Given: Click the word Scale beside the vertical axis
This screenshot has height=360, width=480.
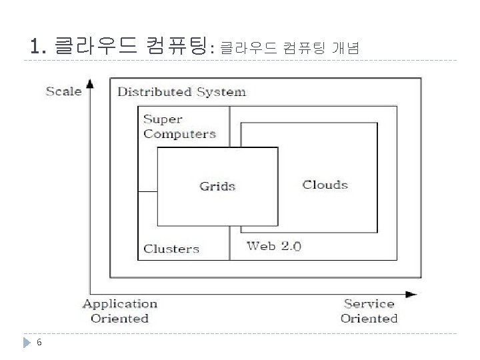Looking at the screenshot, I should (x=63, y=91).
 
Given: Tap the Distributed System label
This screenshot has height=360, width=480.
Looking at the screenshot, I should (x=181, y=92).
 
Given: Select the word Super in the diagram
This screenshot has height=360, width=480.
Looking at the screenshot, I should (x=163, y=120).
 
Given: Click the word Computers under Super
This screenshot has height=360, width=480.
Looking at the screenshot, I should (x=179, y=134).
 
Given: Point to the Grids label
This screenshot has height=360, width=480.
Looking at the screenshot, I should (x=217, y=186).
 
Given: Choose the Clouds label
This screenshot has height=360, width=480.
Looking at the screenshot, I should (x=325, y=185).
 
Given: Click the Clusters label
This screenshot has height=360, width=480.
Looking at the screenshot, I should (x=171, y=249).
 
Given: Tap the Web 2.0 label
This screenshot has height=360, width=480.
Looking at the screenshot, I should (x=273, y=246).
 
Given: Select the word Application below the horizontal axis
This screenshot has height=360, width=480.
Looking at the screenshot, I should (x=120, y=304).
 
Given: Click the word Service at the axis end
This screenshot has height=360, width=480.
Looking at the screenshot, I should (x=369, y=304).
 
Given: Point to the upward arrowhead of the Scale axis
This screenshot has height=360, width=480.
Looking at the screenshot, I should (x=91, y=83).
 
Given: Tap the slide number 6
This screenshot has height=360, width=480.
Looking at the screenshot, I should (x=40, y=343).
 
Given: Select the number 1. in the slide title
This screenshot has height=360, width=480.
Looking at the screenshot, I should (x=38, y=47).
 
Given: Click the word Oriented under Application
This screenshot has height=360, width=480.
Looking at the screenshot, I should (x=120, y=318).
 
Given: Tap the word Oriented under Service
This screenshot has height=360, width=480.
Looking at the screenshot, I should (x=369, y=318).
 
